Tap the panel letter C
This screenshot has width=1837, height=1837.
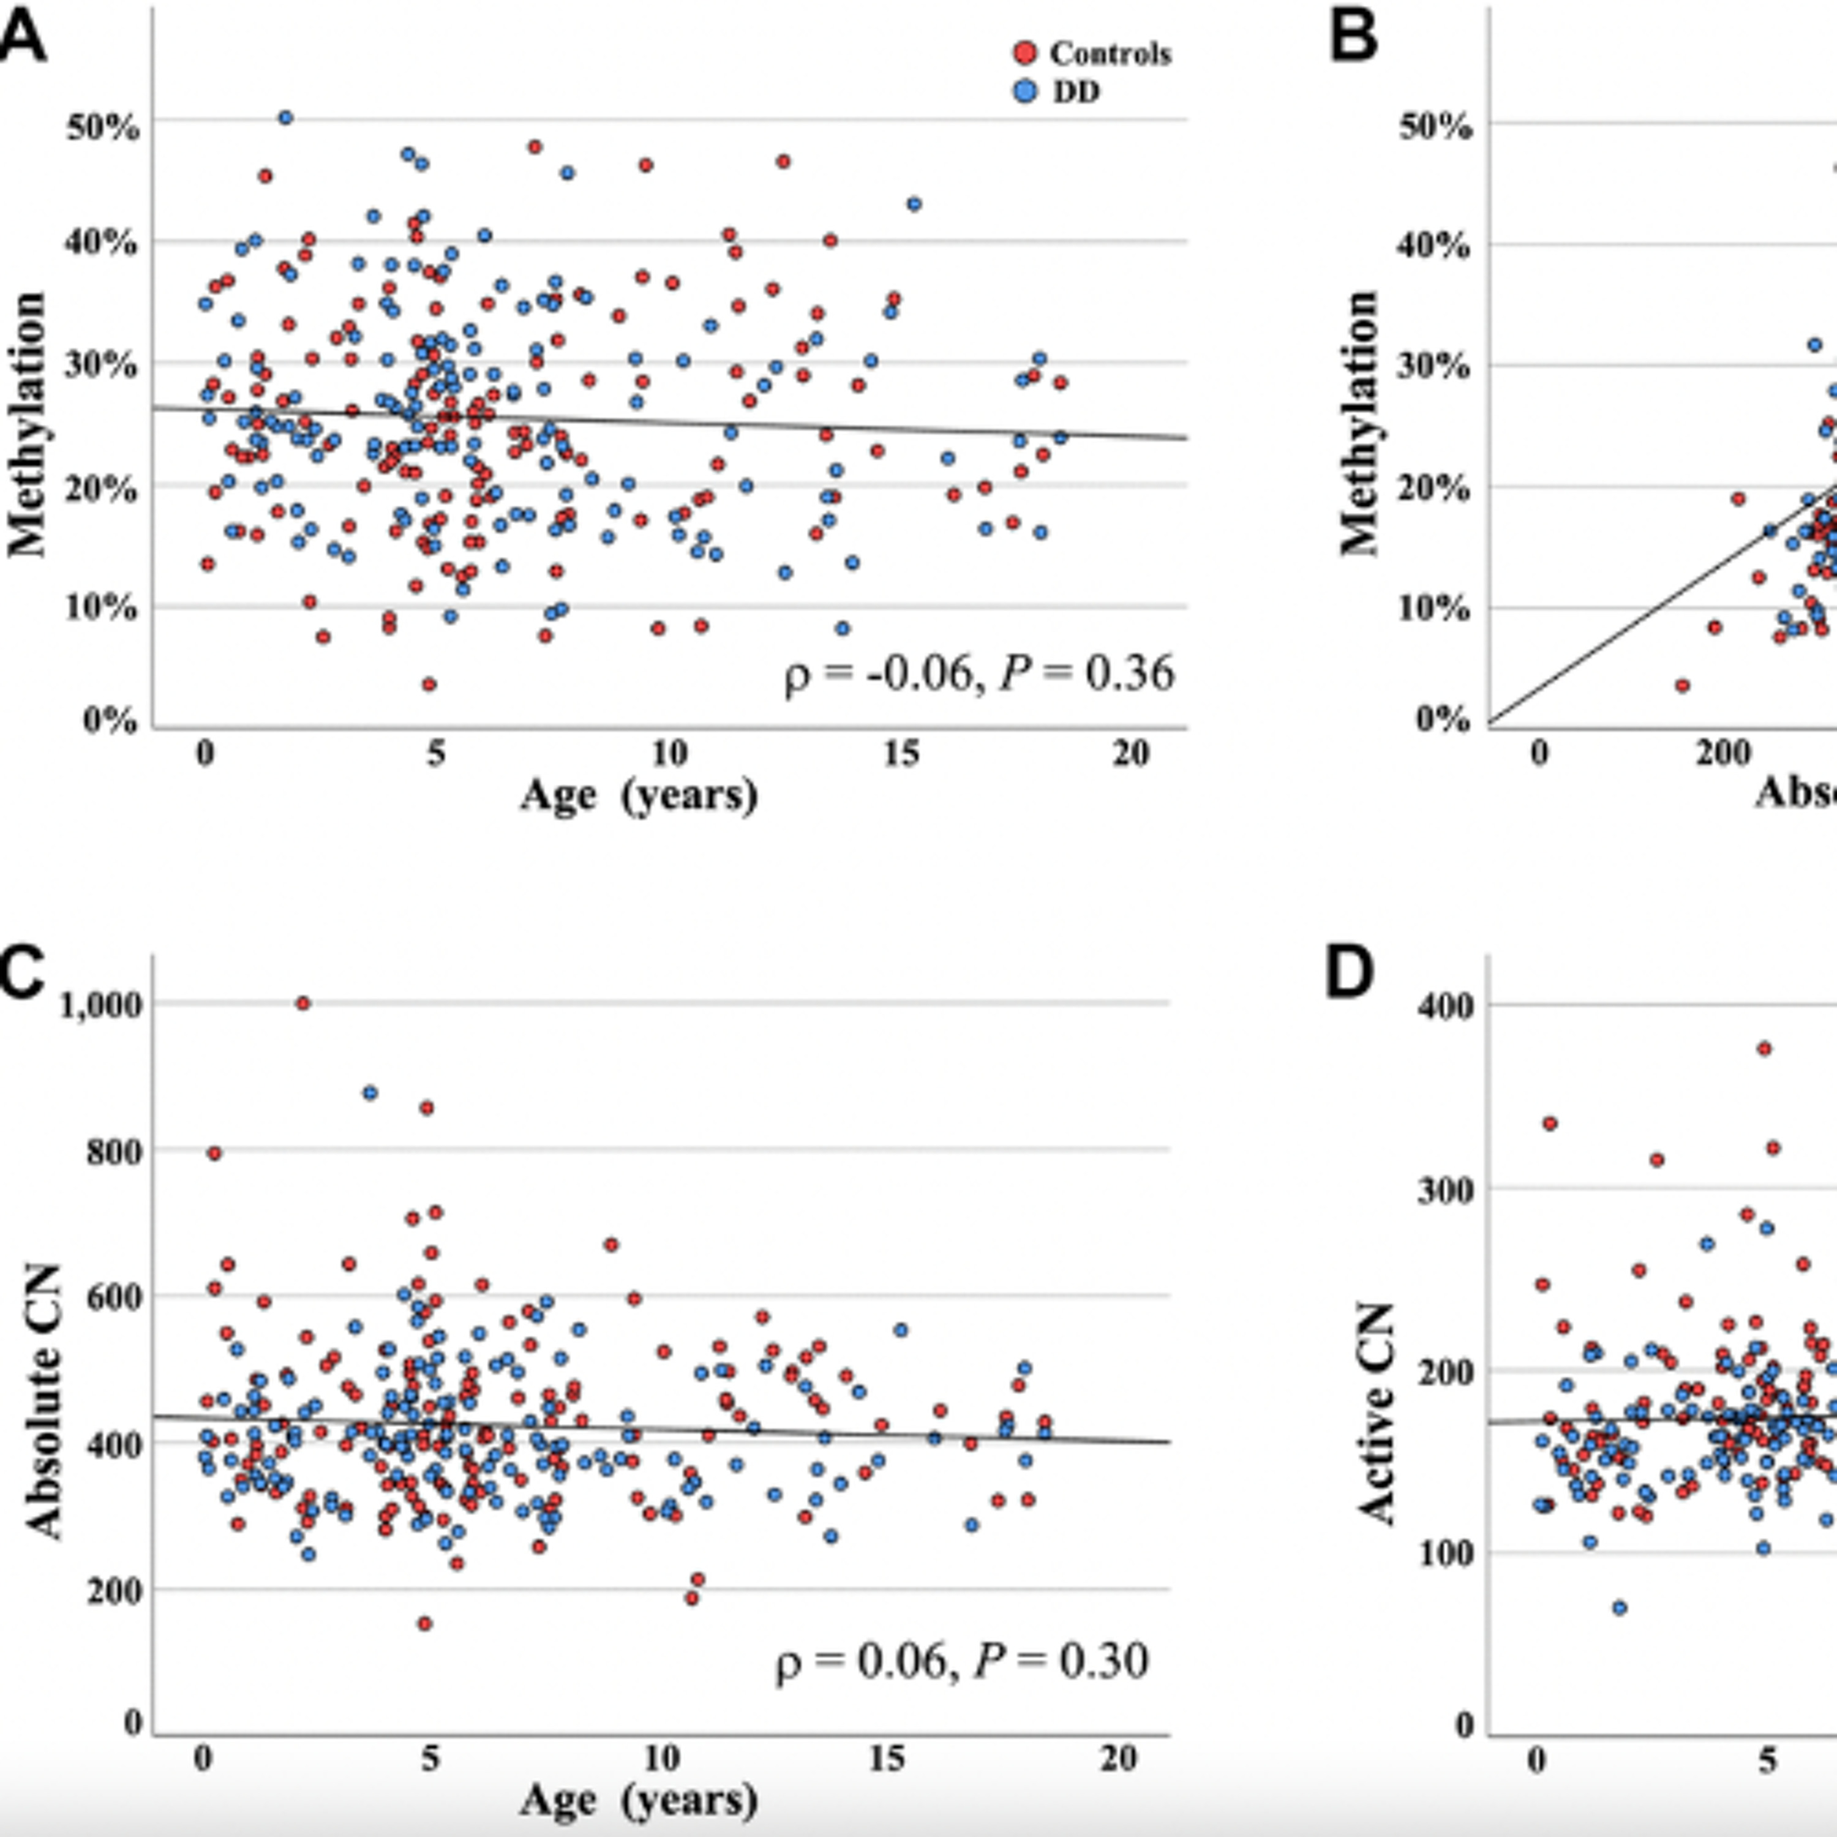[x=21, y=975]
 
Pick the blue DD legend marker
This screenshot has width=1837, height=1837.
[x=1026, y=91]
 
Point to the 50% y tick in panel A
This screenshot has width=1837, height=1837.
[x=103, y=127]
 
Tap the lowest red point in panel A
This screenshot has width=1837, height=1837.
[x=429, y=683]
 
